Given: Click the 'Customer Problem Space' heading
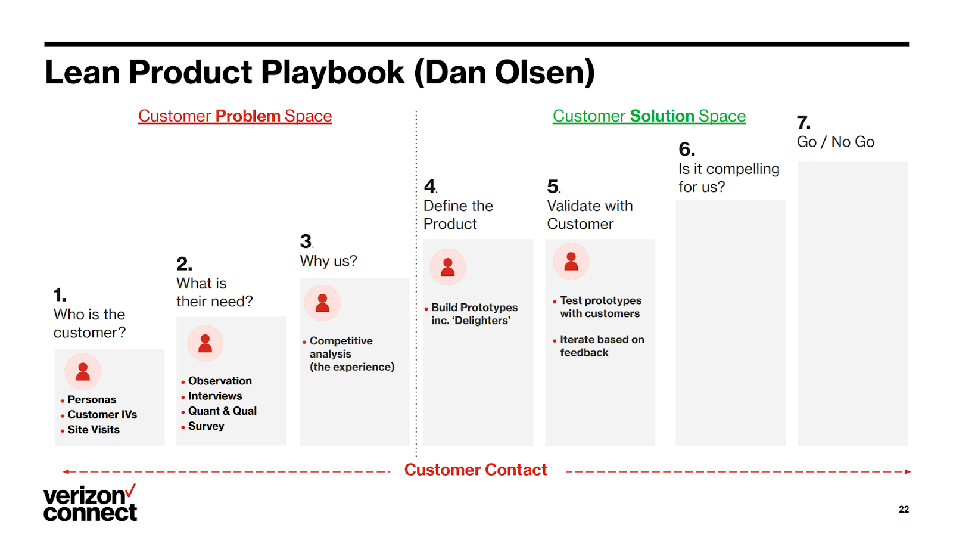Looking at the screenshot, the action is point(235,116).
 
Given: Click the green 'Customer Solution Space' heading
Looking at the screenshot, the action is point(649,116).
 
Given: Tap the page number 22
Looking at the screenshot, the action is point(904,510).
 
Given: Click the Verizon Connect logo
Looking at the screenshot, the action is point(90,503).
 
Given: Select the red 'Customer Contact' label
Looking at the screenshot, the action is point(475,470).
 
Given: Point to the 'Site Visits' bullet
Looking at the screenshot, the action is point(94,430).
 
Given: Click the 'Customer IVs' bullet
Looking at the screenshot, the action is point(102,415).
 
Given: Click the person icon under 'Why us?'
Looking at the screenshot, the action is point(322,303).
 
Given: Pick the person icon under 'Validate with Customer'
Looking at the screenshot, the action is point(571,261).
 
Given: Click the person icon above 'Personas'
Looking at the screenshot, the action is point(83,371).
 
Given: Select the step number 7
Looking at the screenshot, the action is point(803,123).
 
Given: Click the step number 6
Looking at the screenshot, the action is point(687,149).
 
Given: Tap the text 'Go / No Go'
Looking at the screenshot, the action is point(836,142).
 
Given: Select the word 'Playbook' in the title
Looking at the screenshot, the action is point(333,72).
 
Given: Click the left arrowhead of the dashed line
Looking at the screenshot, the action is point(66,472).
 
